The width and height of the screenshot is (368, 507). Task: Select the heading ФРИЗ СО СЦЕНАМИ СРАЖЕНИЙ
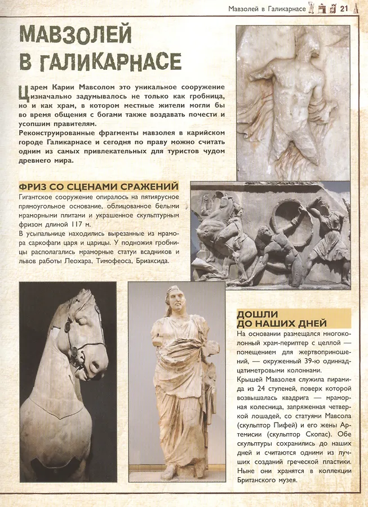[99, 186]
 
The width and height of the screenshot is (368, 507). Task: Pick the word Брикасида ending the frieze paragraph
[148, 261]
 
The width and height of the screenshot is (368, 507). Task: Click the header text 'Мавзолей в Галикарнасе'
[267, 8]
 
